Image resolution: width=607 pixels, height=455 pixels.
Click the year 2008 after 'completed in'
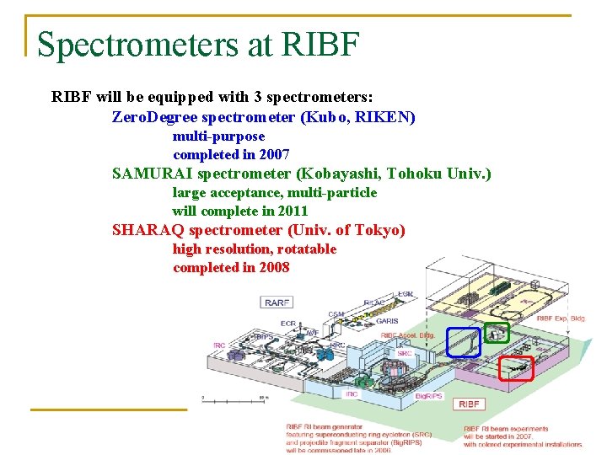tap(274, 267)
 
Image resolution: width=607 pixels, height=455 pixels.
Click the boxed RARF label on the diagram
tap(277, 302)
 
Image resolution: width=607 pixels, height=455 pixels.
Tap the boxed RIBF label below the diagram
tap(469, 404)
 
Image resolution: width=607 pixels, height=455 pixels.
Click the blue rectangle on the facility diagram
tap(463, 342)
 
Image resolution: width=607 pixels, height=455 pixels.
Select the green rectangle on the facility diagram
tap(497, 333)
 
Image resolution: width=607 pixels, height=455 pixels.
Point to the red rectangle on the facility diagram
tap(516, 368)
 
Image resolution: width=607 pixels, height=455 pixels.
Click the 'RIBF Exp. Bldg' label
tap(561, 318)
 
